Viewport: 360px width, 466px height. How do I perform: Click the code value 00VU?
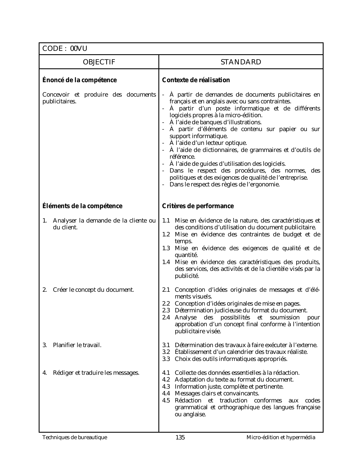click(79, 49)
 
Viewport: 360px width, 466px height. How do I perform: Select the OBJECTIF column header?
click(99, 62)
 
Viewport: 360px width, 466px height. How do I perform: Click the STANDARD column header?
click(241, 62)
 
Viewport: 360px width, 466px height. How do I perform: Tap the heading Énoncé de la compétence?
click(79, 80)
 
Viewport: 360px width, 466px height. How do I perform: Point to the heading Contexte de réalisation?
click(196, 80)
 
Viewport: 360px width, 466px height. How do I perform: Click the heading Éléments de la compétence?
click(82, 206)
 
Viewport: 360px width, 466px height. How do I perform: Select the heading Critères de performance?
click(198, 206)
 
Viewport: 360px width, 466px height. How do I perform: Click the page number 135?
click(180, 437)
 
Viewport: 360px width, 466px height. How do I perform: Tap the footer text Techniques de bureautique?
click(75, 437)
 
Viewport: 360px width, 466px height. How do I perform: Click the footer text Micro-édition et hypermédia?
click(281, 437)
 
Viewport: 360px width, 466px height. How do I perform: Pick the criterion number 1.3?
click(166, 248)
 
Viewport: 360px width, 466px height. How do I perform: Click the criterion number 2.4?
click(166, 317)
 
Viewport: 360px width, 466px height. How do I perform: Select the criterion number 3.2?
click(166, 352)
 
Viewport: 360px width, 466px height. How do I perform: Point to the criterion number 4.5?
click(166, 400)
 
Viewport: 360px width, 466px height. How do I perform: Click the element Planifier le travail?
click(77, 345)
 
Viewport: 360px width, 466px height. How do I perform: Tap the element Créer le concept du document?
click(93, 290)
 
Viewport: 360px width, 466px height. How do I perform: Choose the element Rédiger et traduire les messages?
click(96, 373)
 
